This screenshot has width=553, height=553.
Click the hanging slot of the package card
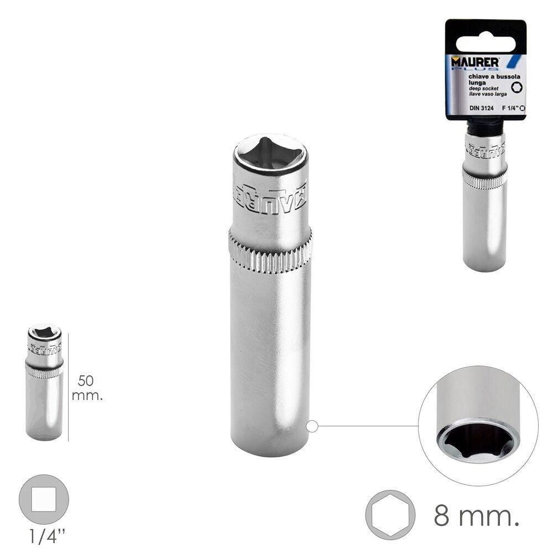[x=485, y=33]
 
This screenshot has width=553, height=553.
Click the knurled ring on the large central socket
[x=270, y=253]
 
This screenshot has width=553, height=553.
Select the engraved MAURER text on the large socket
[x=270, y=194]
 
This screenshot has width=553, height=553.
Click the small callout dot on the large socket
[x=312, y=426]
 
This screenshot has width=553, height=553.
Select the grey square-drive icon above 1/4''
[x=44, y=499]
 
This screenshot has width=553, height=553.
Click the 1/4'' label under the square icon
[x=44, y=535]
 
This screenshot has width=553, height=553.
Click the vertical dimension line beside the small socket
[x=69, y=387]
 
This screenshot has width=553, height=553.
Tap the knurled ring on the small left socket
[x=44, y=371]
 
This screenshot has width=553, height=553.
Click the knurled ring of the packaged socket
[x=484, y=179]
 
